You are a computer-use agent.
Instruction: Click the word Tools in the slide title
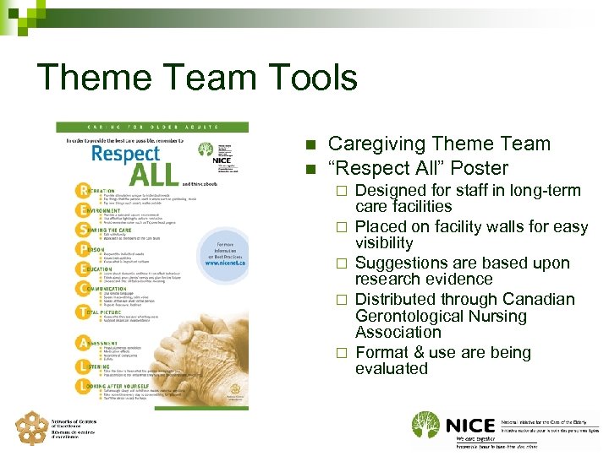point(309,78)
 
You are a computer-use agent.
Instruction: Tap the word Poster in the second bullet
point(479,168)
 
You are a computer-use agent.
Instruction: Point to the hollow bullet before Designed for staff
point(342,191)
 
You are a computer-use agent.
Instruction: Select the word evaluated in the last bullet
point(392,368)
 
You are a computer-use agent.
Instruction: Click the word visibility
point(384,242)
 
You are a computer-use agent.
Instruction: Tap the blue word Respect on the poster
point(125,154)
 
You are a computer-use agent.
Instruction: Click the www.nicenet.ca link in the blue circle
point(223,262)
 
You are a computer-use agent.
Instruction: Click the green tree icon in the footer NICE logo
point(426,425)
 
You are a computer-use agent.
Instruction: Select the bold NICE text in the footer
point(470,425)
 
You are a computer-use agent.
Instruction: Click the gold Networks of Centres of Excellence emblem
point(31,428)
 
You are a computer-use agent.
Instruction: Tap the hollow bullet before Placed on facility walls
point(342,227)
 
